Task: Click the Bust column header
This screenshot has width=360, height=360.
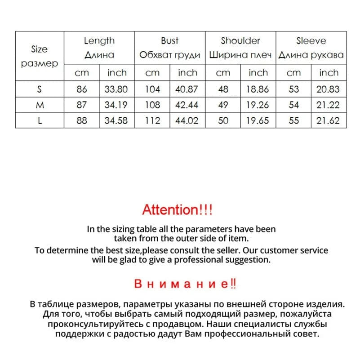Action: tap(170, 41)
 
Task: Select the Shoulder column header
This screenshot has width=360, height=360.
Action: tap(240, 41)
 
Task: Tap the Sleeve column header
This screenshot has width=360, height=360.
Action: tap(311, 41)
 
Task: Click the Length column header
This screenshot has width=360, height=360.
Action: tap(99, 41)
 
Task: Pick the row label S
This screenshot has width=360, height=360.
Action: tap(40, 89)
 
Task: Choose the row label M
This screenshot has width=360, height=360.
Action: tap(40, 105)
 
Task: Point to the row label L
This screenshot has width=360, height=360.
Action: tap(40, 120)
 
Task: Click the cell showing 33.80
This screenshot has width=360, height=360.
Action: tap(116, 89)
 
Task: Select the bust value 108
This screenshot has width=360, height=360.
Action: tap(152, 105)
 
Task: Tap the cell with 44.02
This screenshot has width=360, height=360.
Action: tap(187, 120)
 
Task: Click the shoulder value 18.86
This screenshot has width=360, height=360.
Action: tap(258, 89)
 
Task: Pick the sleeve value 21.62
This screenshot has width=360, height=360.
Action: tap(328, 120)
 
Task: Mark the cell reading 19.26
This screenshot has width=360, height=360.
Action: tap(258, 105)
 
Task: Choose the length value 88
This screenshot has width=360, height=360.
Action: tap(81, 120)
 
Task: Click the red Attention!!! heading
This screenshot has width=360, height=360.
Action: tap(177, 209)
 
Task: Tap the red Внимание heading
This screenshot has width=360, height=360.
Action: tap(185, 284)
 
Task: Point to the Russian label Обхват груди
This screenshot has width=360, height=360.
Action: tap(170, 55)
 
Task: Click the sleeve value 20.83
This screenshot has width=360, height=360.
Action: tap(328, 89)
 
